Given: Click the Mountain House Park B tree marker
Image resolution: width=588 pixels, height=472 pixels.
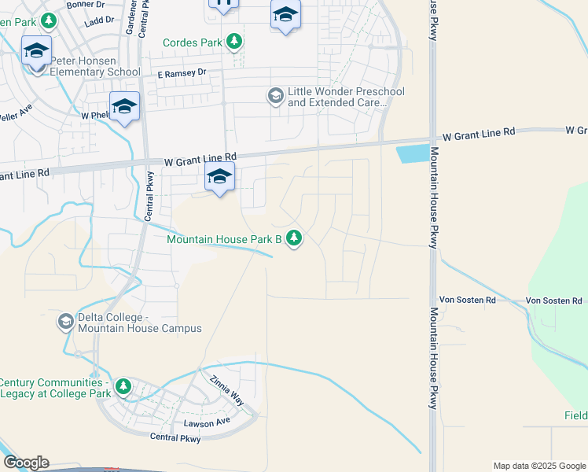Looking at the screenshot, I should click(294, 238).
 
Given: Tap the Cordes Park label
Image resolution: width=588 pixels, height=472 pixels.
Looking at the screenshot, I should click(192, 42).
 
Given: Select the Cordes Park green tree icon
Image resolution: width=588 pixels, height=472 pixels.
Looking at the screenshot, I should click(233, 41).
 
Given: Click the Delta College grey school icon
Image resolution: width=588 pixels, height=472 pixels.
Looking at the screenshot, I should click(65, 322).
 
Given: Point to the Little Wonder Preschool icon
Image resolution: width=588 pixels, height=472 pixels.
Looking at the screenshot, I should click(275, 96).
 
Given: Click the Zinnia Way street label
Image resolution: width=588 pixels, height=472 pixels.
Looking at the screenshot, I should click(227, 390).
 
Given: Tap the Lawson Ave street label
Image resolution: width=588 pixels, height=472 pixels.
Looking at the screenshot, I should click(206, 422).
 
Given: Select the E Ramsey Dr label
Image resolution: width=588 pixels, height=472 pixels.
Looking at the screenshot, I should click(181, 73).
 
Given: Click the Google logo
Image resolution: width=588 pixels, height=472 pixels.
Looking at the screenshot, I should click(26, 463).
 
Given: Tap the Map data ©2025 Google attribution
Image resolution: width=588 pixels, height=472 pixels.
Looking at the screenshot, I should click(539, 466).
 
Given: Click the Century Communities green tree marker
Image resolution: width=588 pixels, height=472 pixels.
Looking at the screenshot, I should click(123, 386).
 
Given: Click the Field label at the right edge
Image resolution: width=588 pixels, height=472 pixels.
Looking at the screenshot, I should click(575, 416).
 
